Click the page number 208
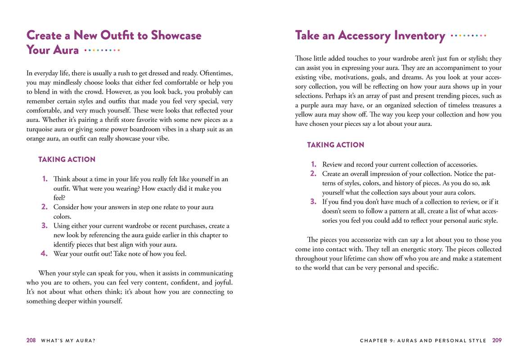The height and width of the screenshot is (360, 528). pyautogui.click(x=31, y=341)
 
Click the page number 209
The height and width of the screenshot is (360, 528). pyautogui.click(x=497, y=341)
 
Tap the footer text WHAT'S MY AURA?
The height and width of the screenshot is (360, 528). pyautogui.click(x=68, y=341)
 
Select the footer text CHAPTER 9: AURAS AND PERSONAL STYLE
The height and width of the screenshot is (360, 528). pyautogui.click(x=423, y=341)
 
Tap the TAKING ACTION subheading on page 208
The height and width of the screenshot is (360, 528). pyautogui.click(x=67, y=159)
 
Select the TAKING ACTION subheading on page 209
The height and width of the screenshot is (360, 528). pyautogui.click(x=335, y=145)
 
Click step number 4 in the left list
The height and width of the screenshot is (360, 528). pyautogui.click(x=44, y=253)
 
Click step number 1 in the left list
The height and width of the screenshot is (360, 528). pyautogui.click(x=45, y=179)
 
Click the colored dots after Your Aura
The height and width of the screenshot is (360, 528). pyautogui.click(x=102, y=50)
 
